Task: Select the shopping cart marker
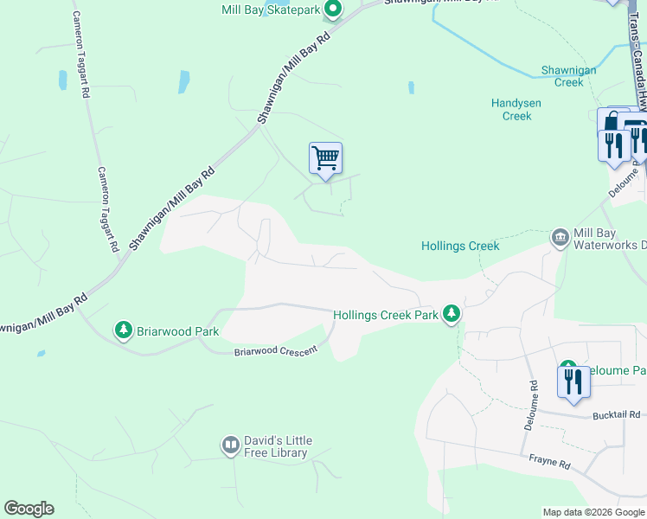click(x=325, y=159)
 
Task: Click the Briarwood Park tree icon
click(x=124, y=330)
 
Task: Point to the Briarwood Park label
click(x=176, y=330)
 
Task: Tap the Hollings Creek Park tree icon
click(x=450, y=313)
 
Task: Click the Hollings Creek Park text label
click(x=386, y=316)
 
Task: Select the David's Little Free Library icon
click(x=230, y=445)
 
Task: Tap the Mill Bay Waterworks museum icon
click(x=560, y=236)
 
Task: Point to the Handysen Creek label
click(x=516, y=109)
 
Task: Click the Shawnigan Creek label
click(x=562, y=75)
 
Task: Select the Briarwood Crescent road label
click(x=276, y=349)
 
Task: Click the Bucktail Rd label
click(x=616, y=416)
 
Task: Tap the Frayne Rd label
click(x=550, y=465)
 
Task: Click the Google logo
click(x=29, y=509)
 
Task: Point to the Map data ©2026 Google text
click(x=593, y=512)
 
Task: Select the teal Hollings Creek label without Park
click(x=460, y=246)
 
